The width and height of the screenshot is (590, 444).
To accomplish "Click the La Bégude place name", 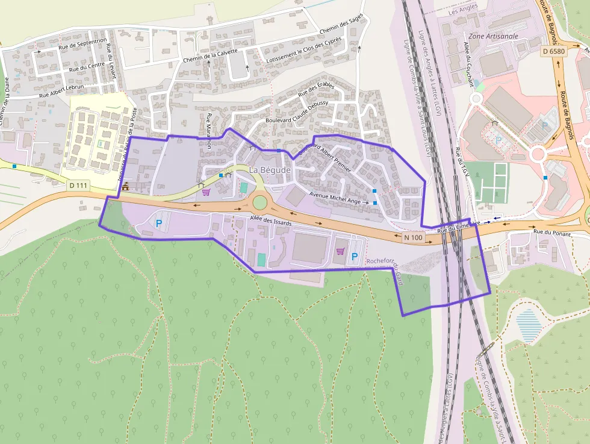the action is pyautogui.click(x=270, y=170).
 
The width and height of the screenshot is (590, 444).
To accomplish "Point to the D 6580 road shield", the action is pyautogui.click(x=553, y=51).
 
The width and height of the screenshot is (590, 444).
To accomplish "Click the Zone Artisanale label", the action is pyautogui.click(x=492, y=36).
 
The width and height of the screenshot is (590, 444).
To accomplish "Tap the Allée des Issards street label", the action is pyautogui.click(x=271, y=222).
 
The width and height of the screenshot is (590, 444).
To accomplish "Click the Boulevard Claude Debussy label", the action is pyautogui.click(x=297, y=112).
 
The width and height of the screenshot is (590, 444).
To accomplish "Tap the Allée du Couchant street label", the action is pyautogui.click(x=468, y=65).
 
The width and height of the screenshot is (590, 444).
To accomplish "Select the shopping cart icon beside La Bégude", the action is pyautogui.click(x=206, y=192).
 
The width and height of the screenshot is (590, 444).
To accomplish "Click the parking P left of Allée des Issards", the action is pyautogui.click(x=159, y=224).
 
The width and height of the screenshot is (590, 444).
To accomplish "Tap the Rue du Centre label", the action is pyautogui.click(x=82, y=68).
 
